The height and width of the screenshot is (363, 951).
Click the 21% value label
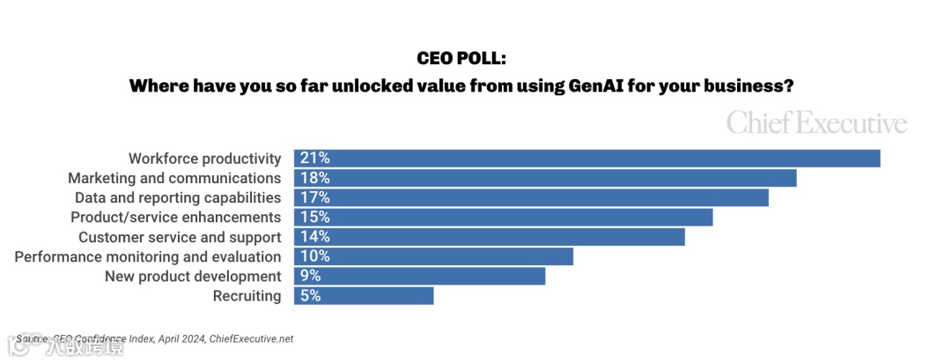coord(314,159)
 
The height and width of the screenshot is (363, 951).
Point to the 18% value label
coord(314,178)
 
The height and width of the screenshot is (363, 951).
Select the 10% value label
coord(314,256)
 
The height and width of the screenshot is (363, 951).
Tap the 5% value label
coord(310,296)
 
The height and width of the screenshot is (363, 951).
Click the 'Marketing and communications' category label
coord(174,178)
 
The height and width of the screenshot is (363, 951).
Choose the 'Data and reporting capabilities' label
coord(178,197)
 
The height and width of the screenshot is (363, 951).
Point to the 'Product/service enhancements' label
coord(176,217)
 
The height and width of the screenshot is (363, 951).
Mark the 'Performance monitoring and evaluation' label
coord(148,256)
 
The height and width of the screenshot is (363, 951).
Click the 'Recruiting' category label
coord(247,296)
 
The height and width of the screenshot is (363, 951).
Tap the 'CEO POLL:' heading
coord(462,59)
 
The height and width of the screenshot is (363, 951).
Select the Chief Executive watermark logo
coord(816,123)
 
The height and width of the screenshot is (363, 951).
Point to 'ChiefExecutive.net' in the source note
coord(251,339)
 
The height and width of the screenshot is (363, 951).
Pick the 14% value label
coord(314,237)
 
